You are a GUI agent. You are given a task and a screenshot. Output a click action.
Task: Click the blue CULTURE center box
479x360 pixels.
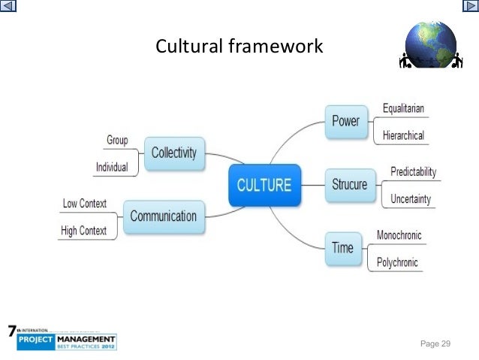coord(264,184)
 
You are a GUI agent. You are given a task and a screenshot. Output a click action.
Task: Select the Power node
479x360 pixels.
coord(345,121)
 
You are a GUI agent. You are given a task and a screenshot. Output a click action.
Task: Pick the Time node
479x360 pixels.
coord(342,247)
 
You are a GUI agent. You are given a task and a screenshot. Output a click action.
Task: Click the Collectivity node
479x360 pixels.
coord(173,153)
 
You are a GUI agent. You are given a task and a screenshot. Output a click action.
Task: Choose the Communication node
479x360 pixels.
coord(163,216)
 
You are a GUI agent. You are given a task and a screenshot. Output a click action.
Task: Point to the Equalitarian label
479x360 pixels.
coord(403,108)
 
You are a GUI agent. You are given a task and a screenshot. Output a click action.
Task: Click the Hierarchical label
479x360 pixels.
coord(403,136)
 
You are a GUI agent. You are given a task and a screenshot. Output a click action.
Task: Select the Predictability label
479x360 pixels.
coord(413,172)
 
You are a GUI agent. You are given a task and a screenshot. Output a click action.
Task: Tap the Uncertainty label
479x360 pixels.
coord(410,199)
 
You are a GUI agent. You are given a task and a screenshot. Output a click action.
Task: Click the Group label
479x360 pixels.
coord(117,140)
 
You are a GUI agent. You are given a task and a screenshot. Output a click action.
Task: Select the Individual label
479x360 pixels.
coord(111,167)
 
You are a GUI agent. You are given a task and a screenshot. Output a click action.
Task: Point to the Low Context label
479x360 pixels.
coord(85,203)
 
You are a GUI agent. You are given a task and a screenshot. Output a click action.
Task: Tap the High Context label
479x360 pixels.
coord(84,231)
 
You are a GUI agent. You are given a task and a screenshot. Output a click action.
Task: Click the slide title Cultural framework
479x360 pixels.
coord(239,47)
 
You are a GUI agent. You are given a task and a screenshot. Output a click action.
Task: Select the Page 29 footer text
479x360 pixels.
coord(435,343)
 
